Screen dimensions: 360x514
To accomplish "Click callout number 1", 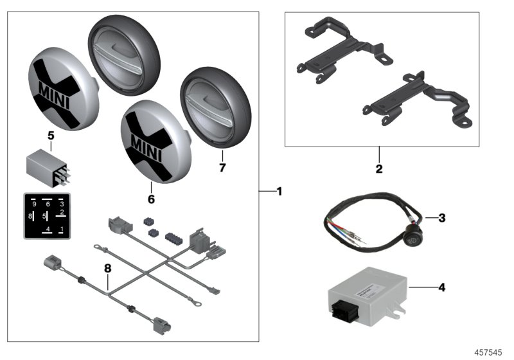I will tap(278, 191).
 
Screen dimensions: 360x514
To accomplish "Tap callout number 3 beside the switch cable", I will tap(442, 218).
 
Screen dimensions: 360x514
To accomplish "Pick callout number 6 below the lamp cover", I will tap(151, 200).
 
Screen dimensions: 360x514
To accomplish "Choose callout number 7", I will tap(223, 168).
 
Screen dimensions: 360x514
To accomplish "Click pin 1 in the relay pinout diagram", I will tap(61, 228).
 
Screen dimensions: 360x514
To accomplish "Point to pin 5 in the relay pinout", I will tap(44, 216).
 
